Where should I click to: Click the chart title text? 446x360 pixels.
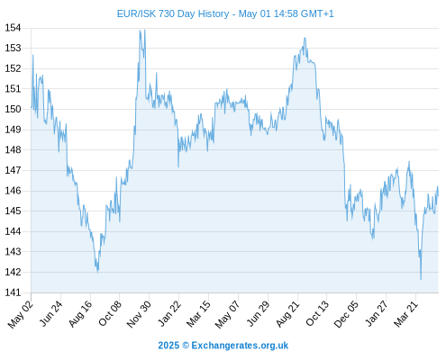pos(225,13)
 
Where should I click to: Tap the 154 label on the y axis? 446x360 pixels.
pos(13,28)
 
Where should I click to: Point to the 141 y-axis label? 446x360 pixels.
pos(13,292)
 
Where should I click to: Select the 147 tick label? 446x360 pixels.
pos(13,170)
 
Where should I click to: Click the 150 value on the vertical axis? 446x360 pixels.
pos(13,109)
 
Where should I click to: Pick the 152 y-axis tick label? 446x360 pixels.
pos(13,68)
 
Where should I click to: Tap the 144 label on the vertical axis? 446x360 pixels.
pos(13,231)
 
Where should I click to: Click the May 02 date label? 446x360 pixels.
pos(21,314)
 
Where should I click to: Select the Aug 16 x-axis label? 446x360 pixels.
pos(80,314)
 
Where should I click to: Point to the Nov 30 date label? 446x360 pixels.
pos(139,314)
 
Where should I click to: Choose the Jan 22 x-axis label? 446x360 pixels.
pos(169,314)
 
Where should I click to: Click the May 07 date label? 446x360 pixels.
pos(228,314)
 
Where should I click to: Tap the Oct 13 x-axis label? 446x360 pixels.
pos(317,314)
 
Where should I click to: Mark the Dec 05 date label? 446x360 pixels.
pos(346,314)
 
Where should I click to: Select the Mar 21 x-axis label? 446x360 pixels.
pos(406,314)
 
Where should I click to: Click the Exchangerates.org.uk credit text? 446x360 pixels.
pos(223,346)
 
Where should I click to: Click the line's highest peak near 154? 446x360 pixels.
pos(140,30)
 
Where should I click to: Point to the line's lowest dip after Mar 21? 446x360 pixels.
pos(421,279)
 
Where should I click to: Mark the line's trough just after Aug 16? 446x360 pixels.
pos(97,272)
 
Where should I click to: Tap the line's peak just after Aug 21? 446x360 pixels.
pos(305,38)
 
